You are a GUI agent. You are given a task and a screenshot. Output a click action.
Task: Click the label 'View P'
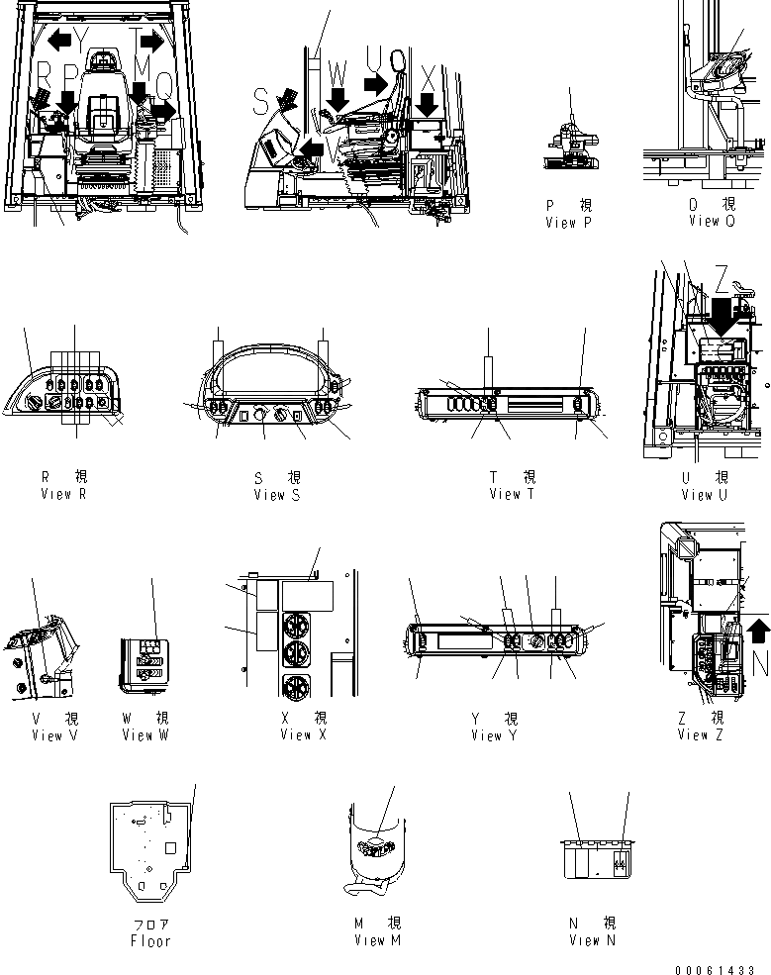pyautogui.click(x=567, y=223)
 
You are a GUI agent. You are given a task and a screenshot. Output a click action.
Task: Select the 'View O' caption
pyautogui.click(x=712, y=221)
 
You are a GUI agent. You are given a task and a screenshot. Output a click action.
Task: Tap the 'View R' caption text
pyautogui.click(x=62, y=494)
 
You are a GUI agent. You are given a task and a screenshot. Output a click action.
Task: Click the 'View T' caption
pyautogui.click(x=512, y=494)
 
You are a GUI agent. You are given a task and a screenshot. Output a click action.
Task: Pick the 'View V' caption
pyautogui.click(x=48, y=735)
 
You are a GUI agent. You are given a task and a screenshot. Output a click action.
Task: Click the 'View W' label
pyautogui.click(x=145, y=735)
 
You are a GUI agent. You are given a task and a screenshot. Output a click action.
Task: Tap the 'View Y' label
pyautogui.click(x=494, y=735)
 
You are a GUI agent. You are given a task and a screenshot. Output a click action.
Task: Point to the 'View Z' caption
pyautogui.click(x=700, y=735)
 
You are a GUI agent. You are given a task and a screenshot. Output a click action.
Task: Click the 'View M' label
pyautogui.click(x=376, y=940)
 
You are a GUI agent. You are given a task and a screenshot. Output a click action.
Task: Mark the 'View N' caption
pyautogui.click(x=592, y=940)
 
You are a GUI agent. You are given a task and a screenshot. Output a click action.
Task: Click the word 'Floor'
pyautogui.click(x=150, y=941)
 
